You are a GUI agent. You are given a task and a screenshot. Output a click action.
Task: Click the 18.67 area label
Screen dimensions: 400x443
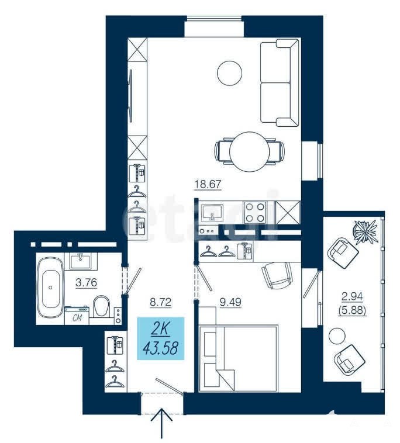[208, 185]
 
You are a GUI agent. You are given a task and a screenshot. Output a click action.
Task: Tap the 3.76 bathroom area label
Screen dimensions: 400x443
[86, 282]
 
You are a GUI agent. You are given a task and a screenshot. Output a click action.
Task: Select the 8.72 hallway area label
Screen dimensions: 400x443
[161, 302]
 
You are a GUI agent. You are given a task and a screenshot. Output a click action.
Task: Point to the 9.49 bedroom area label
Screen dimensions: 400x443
[230, 302]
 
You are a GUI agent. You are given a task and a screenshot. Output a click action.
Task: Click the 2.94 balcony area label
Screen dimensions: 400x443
[352, 296]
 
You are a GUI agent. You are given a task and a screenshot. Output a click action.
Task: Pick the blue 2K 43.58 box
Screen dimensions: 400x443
[161, 338]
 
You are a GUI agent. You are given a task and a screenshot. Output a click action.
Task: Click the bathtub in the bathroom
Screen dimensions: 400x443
[50, 288]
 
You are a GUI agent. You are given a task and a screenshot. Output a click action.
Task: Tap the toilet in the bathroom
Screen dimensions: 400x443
[102, 307]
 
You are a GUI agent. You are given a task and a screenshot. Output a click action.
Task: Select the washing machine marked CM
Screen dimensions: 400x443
[77, 316]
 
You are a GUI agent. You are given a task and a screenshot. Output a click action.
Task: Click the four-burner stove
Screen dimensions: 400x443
[255, 212]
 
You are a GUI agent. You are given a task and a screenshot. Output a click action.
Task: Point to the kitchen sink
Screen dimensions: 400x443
[212, 213]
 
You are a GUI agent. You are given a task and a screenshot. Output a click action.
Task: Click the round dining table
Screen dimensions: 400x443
[249, 151]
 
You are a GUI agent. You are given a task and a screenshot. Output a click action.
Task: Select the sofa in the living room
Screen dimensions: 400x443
[280, 82]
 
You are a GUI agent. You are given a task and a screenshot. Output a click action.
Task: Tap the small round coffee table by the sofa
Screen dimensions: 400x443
[230, 73]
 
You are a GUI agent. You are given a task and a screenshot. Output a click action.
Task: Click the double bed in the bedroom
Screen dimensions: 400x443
[238, 358]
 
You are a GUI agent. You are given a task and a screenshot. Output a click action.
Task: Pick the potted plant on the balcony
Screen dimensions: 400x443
[366, 230]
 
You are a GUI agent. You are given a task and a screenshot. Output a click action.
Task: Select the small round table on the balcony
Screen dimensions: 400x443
[337, 336]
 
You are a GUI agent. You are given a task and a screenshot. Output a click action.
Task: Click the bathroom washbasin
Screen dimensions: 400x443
[81, 261]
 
